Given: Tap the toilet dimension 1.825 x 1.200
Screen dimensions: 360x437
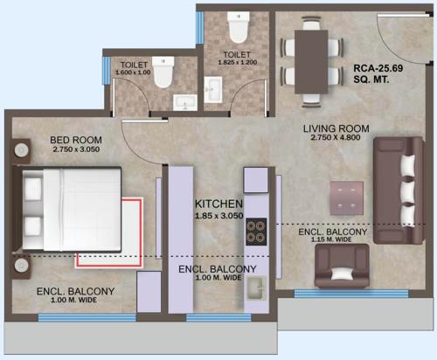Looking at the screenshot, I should click(x=238, y=64).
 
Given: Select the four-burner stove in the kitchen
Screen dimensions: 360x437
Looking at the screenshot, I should click(x=256, y=231).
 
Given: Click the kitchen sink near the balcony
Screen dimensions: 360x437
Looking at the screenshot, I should click(x=256, y=287).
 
